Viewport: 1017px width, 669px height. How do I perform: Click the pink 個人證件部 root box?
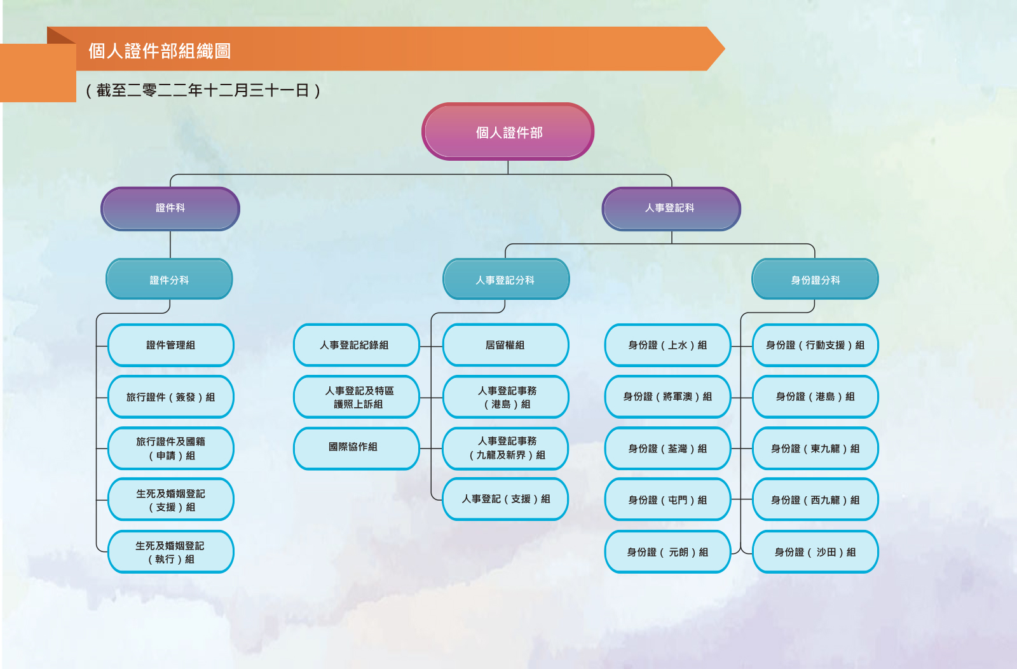pos(508,132)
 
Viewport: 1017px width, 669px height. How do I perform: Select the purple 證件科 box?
pos(170,209)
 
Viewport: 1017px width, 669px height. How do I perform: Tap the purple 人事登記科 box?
pos(671,209)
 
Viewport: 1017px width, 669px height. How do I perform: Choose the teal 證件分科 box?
pos(169,279)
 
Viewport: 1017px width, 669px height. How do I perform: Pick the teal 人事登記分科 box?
pos(506,279)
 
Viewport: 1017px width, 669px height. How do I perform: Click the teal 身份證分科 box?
pos(815,279)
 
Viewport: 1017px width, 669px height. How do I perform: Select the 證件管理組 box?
pos(171,345)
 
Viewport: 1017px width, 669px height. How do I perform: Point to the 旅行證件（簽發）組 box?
pos(171,396)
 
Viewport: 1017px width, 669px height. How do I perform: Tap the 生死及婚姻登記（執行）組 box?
pos(171,552)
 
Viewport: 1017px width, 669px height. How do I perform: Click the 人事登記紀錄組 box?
pos(357,345)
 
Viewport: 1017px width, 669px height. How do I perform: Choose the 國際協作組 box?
pos(357,449)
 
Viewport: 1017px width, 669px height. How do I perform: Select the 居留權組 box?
pos(505,345)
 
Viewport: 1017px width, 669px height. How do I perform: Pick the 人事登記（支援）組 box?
pos(505,499)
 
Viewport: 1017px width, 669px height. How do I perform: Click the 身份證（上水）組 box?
pos(667,345)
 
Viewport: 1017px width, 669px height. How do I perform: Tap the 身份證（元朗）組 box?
pos(667,552)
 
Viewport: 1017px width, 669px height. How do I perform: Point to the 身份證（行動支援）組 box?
pos(816,345)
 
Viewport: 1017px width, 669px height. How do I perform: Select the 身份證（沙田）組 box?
pos(816,552)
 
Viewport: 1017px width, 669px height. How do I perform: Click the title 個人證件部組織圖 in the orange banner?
pos(160,51)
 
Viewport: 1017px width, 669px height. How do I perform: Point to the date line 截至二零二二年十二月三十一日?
pos(203,90)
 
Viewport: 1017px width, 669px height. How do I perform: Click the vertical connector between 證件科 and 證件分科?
pos(170,245)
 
